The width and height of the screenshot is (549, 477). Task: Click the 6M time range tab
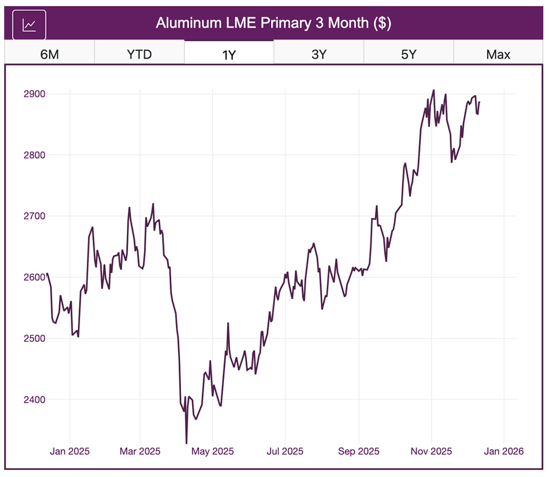coord(49,54)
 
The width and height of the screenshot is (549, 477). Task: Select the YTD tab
coord(139,54)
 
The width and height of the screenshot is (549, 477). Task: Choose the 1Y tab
coord(229,54)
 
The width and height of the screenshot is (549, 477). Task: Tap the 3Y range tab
coord(319,54)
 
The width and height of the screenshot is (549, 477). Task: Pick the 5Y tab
coord(408,54)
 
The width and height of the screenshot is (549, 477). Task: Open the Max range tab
coord(498,54)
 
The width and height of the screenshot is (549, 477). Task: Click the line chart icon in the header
coord(29,25)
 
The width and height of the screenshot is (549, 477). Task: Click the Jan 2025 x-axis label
coord(70,452)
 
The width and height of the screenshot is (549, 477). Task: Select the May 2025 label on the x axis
coord(214,452)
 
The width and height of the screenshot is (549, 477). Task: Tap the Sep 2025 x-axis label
coord(358,452)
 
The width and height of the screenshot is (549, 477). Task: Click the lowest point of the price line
coord(186,443)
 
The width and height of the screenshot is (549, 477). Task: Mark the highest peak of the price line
coord(433,90)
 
